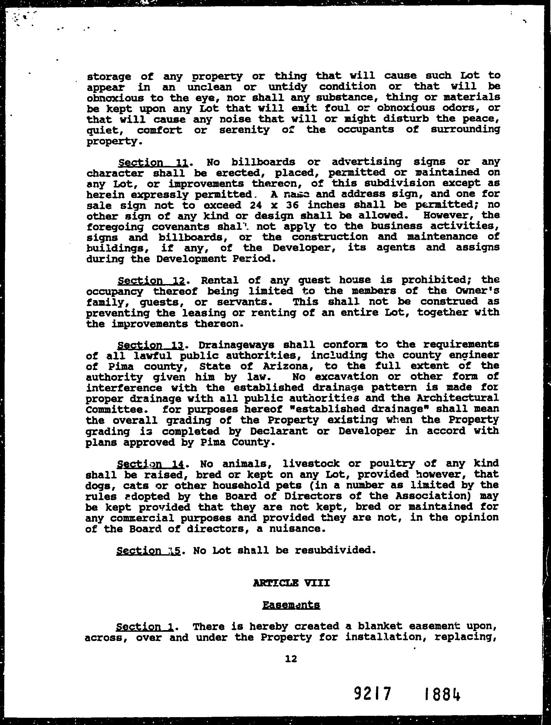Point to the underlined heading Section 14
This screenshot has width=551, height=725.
click(x=152, y=464)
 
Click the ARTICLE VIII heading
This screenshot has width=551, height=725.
click(x=291, y=583)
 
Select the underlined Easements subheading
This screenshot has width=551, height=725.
click(x=291, y=605)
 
